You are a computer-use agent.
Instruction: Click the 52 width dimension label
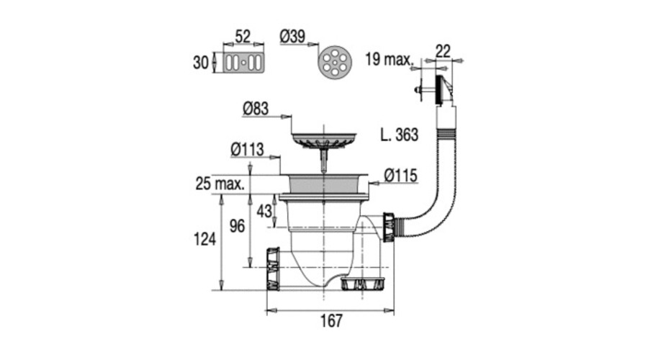click(x=243, y=37)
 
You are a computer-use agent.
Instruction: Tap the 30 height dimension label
click(x=201, y=63)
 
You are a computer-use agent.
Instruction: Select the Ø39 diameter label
click(x=292, y=37)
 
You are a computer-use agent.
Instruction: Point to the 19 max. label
click(x=389, y=59)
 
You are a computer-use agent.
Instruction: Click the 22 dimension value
click(x=443, y=51)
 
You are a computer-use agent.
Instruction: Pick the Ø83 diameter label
click(x=256, y=109)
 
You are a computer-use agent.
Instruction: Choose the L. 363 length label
click(x=399, y=135)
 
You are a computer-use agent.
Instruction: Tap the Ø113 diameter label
click(x=247, y=149)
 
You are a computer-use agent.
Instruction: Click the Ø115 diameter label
click(x=400, y=176)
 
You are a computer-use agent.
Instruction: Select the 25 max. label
click(x=220, y=184)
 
